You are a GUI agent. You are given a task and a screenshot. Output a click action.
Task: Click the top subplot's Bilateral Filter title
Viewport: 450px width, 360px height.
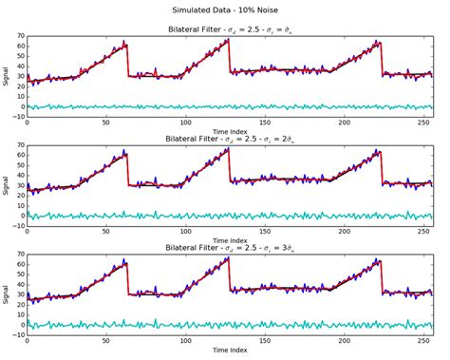(230, 28)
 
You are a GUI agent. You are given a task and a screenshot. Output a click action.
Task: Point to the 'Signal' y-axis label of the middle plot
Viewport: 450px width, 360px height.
(8, 185)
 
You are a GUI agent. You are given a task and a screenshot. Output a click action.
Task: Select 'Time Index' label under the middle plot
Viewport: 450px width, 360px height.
(230, 240)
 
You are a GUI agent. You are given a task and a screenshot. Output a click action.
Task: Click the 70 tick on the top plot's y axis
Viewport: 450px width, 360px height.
(20, 36)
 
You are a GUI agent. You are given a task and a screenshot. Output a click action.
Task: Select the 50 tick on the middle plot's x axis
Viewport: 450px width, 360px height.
(105, 232)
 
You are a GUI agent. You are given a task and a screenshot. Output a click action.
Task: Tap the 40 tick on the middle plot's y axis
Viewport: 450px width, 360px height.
(20, 175)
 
